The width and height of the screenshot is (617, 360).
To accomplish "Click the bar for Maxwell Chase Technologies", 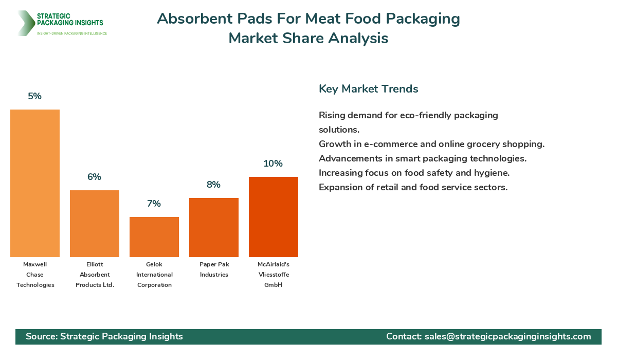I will click(x=35, y=183).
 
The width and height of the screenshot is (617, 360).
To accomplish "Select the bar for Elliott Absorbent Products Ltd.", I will click(x=95, y=224).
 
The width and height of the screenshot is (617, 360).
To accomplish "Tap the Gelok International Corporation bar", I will click(x=154, y=237).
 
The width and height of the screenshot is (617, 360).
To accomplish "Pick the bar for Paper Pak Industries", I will click(x=214, y=227).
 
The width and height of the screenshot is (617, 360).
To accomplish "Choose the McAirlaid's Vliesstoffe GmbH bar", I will click(x=274, y=217).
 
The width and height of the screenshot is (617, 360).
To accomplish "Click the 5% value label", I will click(x=35, y=96).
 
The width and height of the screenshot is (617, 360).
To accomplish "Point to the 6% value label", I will click(x=95, y=177).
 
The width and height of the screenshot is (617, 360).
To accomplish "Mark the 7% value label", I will click(x=154, y=204).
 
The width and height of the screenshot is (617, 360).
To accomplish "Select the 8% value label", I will click(x=214, y=185).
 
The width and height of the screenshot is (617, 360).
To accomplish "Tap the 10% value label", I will click(x=274, y=164).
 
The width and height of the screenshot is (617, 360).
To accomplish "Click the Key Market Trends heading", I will click(x=369, y=89).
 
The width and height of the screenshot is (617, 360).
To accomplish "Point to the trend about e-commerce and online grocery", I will click(x=431, y=144).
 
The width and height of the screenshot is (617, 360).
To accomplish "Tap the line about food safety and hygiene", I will click(x=414, y=173).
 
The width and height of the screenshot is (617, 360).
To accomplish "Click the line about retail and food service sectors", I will click(x=413, y=187).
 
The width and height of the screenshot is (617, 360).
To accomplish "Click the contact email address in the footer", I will click(x=507, y=336).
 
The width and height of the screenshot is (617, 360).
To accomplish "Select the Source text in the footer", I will click(x=104, y=336).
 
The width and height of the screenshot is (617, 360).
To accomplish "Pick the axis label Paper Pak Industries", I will click(x=214, y=269).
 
